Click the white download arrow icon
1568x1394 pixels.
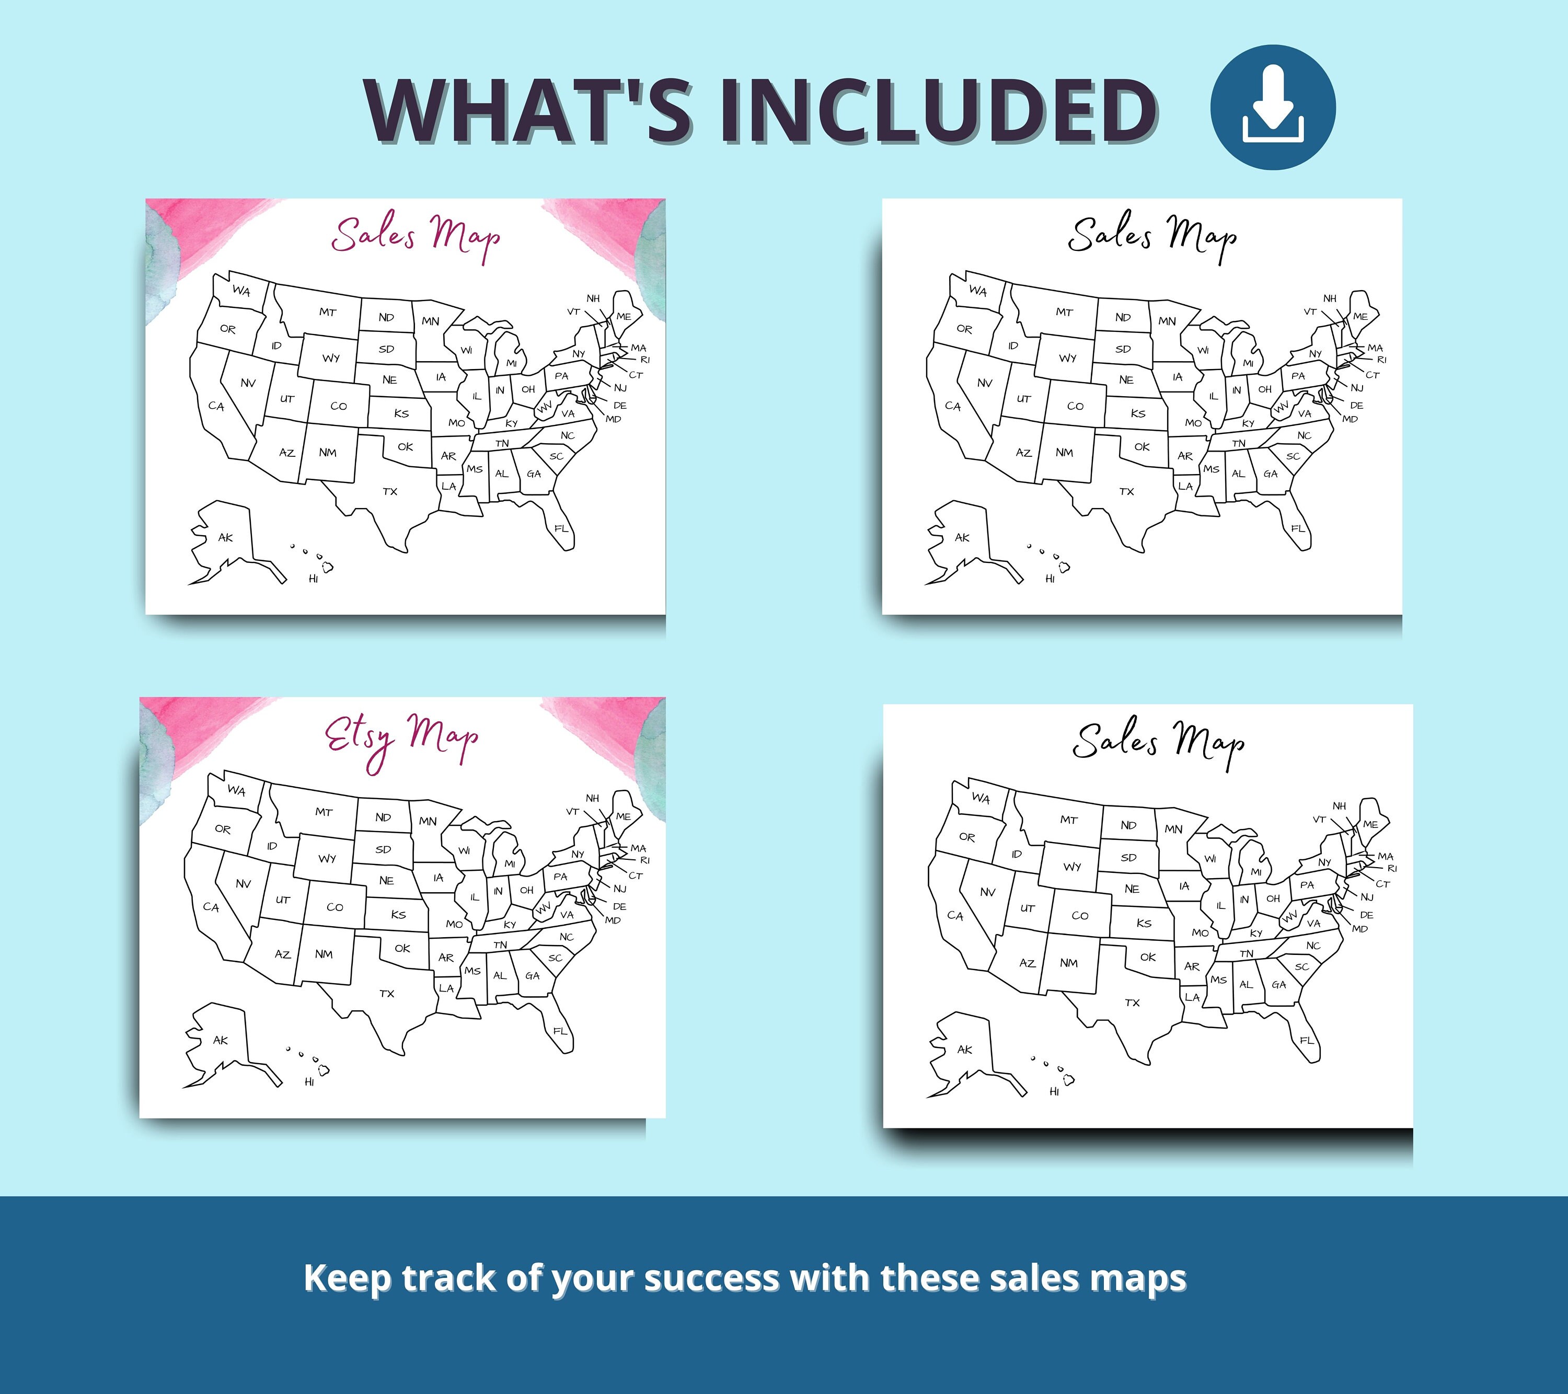click(x=1273, y=107)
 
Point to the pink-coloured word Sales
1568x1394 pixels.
click(x=374, y=234)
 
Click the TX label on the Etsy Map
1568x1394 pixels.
click(x=387, y=994)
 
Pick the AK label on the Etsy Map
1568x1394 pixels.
click(x=220, y=1040)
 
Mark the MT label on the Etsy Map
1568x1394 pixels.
click(x=324, y=812)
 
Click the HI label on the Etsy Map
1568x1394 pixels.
click(x=309, y=1082)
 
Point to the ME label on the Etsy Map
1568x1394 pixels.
click(x=623, y=816)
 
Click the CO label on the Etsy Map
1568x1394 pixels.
click(x=335, y=907)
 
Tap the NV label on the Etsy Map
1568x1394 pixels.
click(x=243, y=884)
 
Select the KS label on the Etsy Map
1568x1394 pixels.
click(x=398, y=915)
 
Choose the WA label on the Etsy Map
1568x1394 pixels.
click(x=236, y=790)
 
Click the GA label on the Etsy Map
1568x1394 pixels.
click(x=533, y=976)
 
